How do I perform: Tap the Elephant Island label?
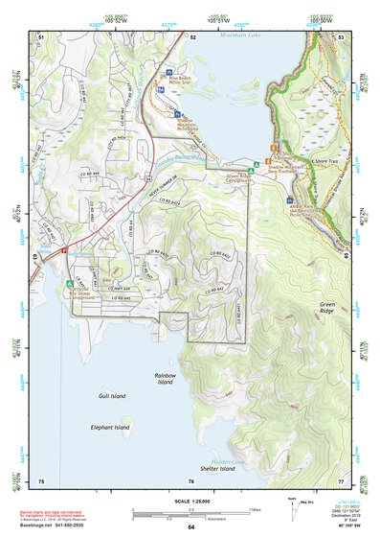[109, 428]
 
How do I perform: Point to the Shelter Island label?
[217, 469]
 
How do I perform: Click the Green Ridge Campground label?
[239, 177]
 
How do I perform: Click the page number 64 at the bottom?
[190, 527]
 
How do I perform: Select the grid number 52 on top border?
[192, 36]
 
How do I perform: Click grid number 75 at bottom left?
[40, 480]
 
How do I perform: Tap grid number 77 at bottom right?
[341, 480]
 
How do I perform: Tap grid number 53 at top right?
[341, 36]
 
